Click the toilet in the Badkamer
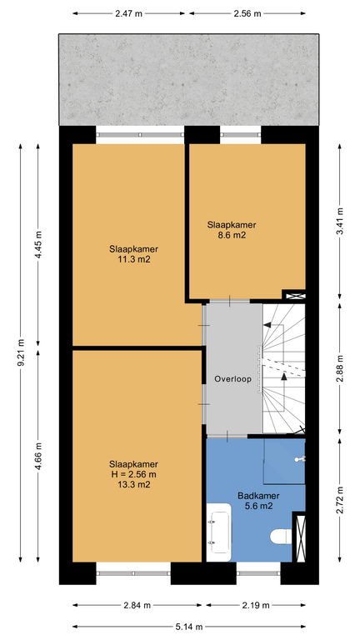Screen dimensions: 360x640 click(x=281, y=537)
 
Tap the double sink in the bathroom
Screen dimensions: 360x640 click(x=219, y=532)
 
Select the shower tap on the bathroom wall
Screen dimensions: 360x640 click(x=300, y=459)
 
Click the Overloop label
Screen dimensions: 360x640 click(x=232, y=379)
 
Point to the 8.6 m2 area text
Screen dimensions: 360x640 click(x=232, y=235)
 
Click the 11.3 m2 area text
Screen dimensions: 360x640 click(x=134, y=259)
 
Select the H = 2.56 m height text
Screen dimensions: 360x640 click(x=133, y=474)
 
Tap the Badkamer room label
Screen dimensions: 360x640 click(x=258, y=496)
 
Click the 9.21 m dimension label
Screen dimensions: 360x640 click(x=21, y=352)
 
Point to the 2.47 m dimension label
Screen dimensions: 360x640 click(x=128, y=13)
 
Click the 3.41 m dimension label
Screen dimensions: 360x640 click(x=340, y=221)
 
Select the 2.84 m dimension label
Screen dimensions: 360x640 click(x=137, y=605)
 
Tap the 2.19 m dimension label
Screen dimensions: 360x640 click(x=256, y=605)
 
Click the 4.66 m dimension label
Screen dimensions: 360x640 click(x=38, y=456)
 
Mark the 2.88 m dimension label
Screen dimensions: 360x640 click(x=340, y=369)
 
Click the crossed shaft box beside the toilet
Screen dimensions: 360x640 click(x=301, y=539)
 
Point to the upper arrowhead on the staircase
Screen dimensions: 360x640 click(x=267, y=325)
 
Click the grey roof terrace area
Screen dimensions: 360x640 click(x=189, y=80)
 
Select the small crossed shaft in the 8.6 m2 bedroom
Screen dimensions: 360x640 click(x=295, y=296)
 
